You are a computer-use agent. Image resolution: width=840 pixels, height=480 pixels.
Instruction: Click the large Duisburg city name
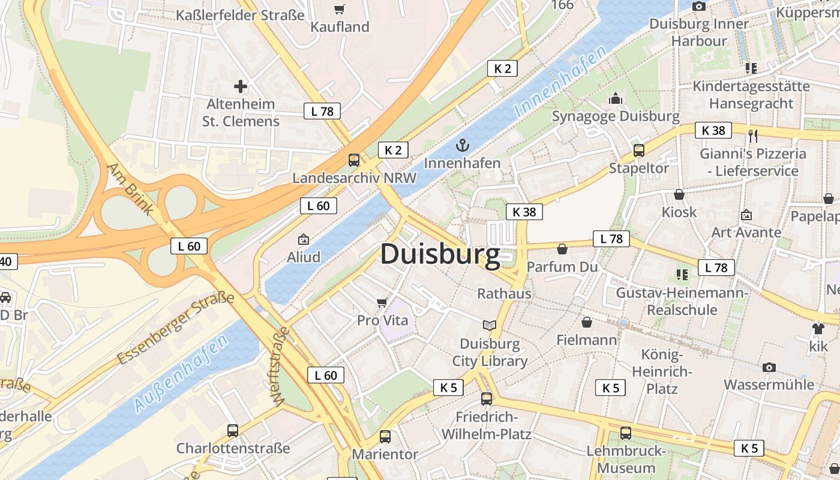(440, 254)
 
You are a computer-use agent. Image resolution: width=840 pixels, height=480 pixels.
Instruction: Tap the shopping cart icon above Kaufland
(340, 9)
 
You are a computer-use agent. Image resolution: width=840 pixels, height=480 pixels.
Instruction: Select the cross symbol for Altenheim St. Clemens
(241, 86)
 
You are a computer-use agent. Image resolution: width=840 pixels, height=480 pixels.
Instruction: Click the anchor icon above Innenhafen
(462, 145)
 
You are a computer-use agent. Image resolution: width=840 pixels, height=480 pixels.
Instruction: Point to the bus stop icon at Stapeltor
(639, 151)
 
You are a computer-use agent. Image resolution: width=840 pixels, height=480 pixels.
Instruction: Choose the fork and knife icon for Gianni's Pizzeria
(754, 136)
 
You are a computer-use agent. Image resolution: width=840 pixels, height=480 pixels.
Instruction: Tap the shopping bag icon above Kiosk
(679, 194)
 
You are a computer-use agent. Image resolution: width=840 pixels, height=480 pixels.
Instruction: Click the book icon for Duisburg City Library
(490, 325)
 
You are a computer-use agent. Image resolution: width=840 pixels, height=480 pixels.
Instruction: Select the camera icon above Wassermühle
(769, 367)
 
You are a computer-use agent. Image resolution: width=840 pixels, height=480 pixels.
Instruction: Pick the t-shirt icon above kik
(818, 328)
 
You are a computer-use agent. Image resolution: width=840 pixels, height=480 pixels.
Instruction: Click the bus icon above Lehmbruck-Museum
(626, 433)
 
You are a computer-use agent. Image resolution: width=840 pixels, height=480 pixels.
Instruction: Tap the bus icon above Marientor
(385, 437)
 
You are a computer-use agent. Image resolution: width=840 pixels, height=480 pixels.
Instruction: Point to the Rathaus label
(504, 293)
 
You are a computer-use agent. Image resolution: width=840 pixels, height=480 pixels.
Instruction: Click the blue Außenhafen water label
(181, 373)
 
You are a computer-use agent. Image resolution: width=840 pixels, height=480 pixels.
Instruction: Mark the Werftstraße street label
(280, 367)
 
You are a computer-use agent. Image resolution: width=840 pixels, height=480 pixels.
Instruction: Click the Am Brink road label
(130, 188)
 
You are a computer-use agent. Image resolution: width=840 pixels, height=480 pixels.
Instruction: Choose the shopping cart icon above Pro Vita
(382, 302)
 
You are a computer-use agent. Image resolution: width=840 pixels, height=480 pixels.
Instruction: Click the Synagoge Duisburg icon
(616, 98)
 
